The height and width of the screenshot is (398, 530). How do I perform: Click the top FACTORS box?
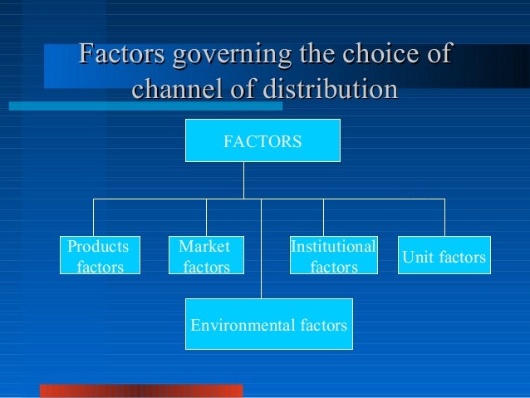pos(263,140)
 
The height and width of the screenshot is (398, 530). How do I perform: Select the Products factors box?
pos(99,256)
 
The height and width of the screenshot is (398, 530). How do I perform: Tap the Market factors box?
pos(206,256)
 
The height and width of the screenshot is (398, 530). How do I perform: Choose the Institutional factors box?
pos(333,256)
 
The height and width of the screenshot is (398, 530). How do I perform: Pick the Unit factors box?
pos(444,256)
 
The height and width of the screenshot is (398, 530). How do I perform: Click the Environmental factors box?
pos(268,324)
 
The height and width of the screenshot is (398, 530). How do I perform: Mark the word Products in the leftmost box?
pos(98,247)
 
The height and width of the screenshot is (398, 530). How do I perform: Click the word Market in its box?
pos(204,247)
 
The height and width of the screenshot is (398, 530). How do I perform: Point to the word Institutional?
pos(333,247)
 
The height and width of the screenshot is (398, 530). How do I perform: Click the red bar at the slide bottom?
pos(141,391)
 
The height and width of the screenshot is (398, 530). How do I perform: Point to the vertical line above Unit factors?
pos(444,217)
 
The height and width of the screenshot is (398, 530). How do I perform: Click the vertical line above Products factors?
pos(93,217)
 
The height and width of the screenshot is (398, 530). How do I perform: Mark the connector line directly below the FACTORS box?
pos(243,179)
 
